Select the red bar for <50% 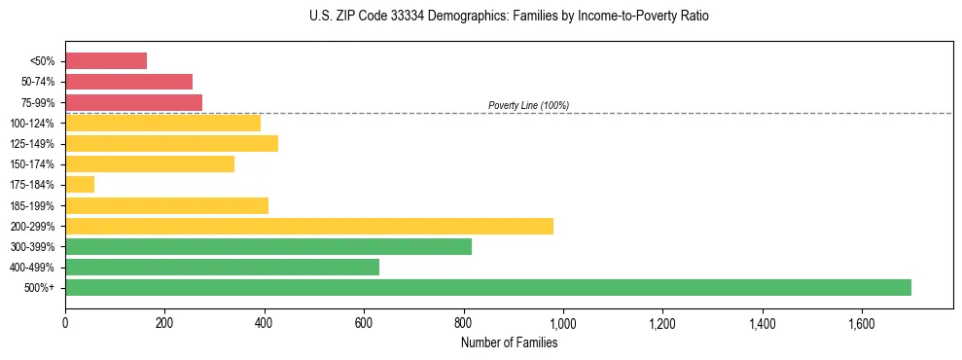coord(106,61)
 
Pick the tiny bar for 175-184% coord(80,185)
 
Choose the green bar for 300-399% coord(268,246)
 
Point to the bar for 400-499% coord(222,267)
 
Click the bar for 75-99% coord(133,102)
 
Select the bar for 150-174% coord(150,163)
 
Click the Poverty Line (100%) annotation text coord(528,105)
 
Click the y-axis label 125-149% coord(32,144)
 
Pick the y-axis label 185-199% coord(32,205)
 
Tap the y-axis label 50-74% coord(37,82)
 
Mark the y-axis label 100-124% coord(32,124)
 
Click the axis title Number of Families coord(509,342)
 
